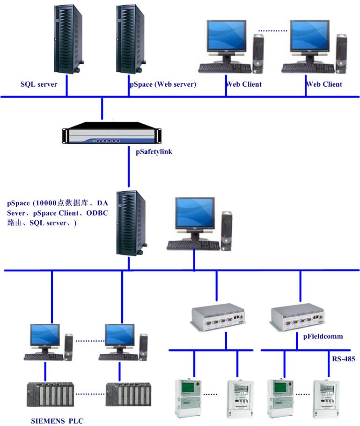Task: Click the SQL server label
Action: pos(39,84)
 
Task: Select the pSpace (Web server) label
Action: pos(162,84)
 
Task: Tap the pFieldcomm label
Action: pos(323,336)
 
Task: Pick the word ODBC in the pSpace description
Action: pos(96,213)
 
